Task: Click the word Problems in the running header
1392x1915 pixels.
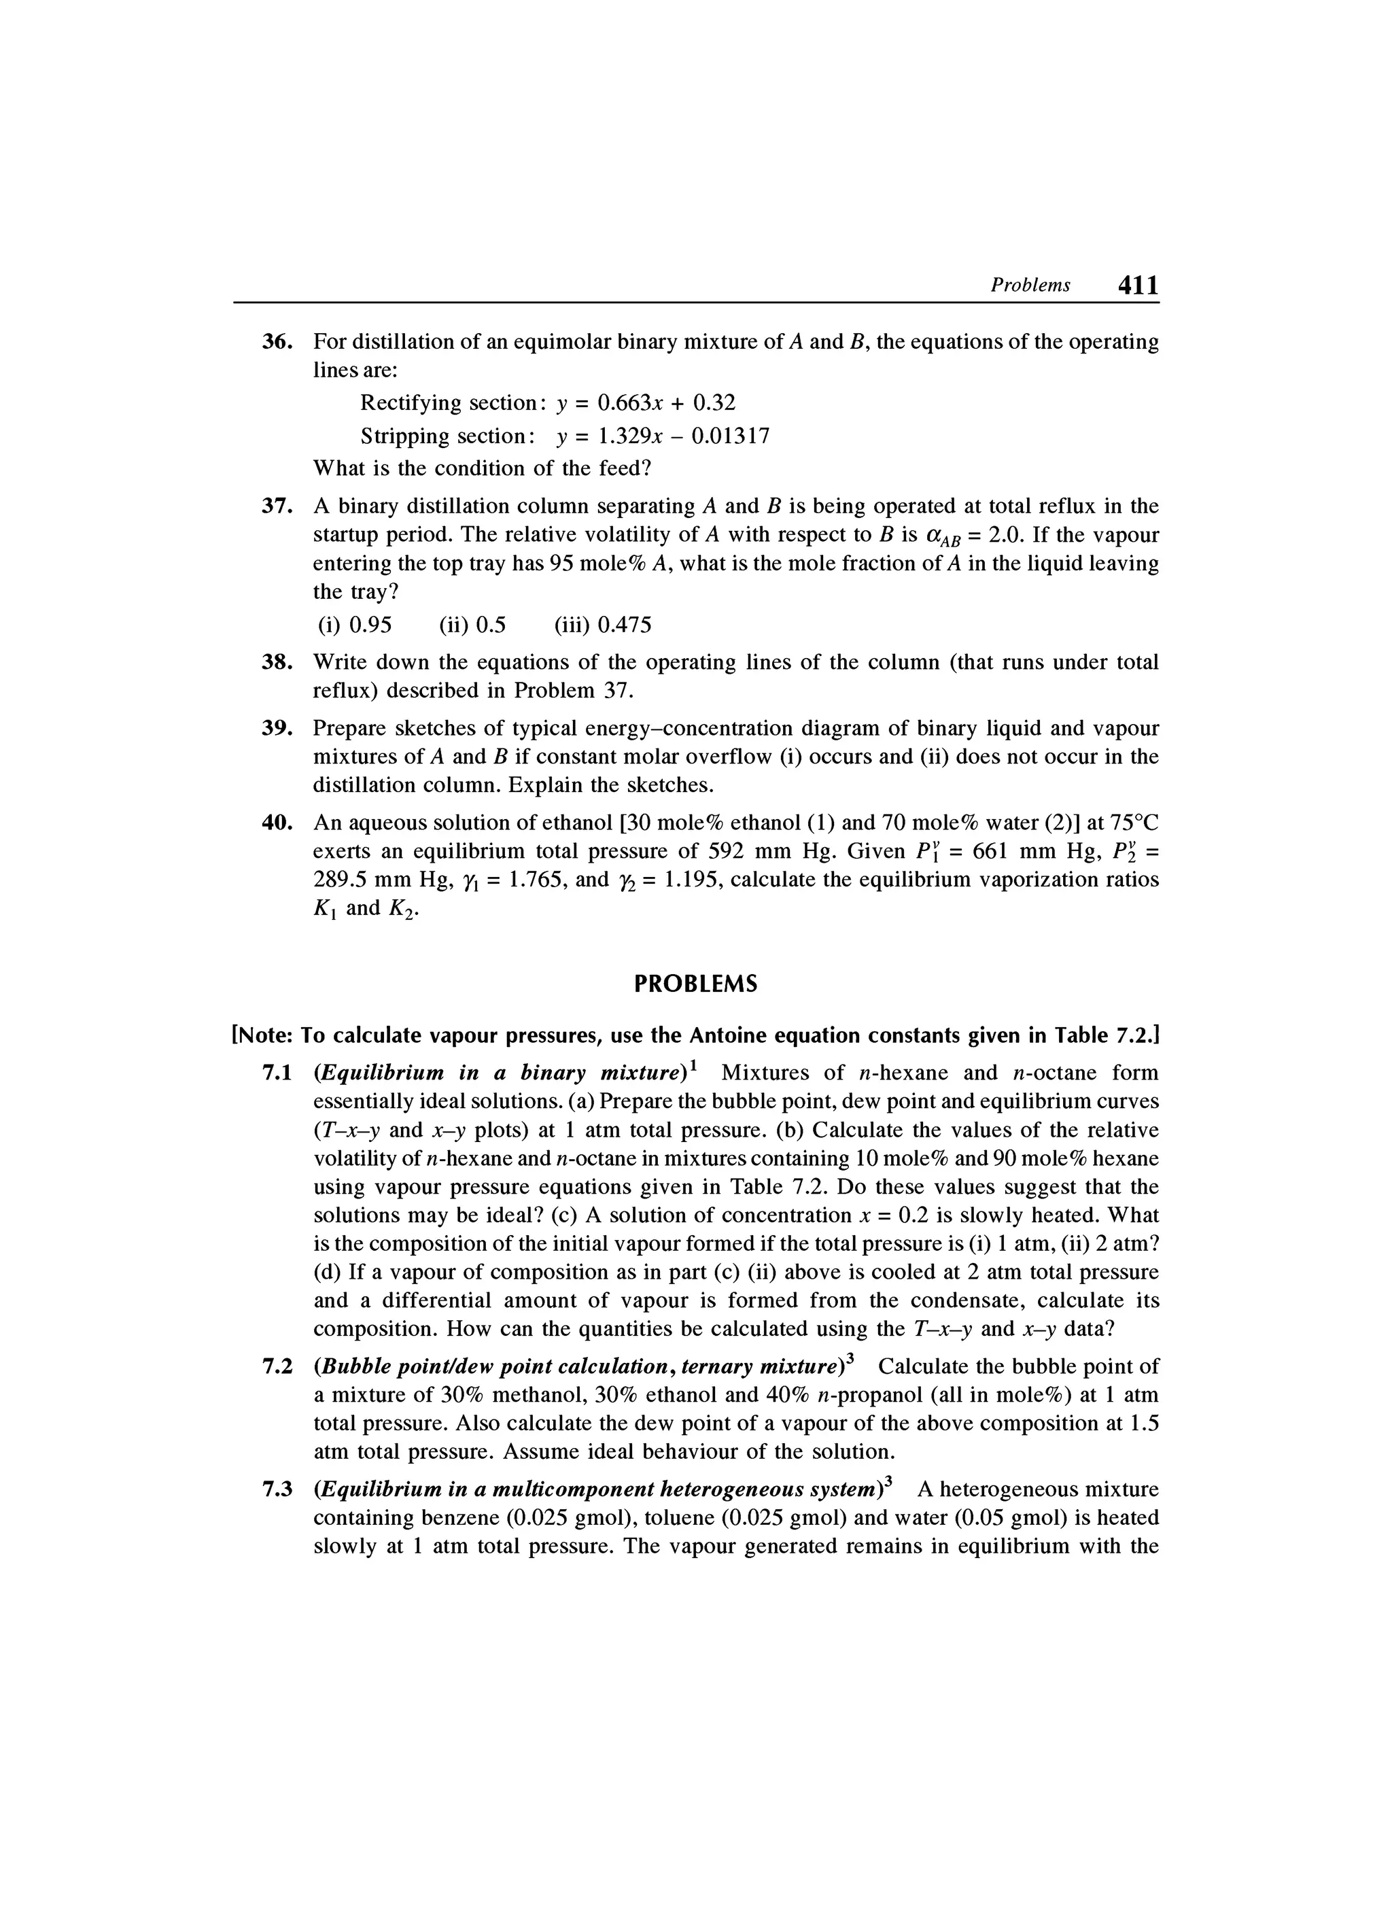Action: [1030, 286]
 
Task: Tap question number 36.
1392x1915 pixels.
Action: [276, 342]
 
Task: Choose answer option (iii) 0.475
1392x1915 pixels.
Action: [603, 625]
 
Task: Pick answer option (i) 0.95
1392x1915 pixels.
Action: [355, 625]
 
